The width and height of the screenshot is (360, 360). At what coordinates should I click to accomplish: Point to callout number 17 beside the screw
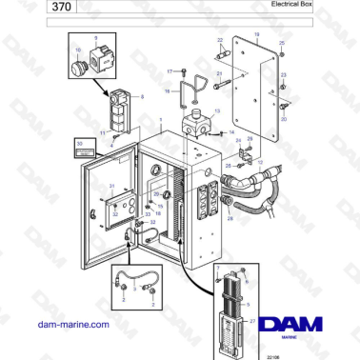pyautogui.click(x=170, y=71)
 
